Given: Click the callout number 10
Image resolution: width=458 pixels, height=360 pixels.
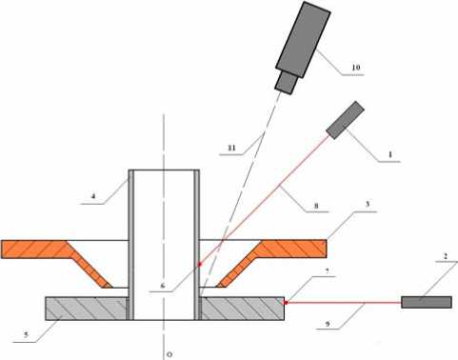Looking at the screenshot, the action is [356, 68].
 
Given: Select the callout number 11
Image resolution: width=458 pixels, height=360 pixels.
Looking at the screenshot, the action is [231, 148].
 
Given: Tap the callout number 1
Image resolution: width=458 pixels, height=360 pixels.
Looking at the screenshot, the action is [390, 154].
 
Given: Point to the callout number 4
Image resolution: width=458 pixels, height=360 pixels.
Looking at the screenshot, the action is [93, 196].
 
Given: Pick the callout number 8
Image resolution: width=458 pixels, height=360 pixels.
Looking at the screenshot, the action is [316, 206].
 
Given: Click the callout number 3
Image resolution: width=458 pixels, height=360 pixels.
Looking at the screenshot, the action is [368, 204].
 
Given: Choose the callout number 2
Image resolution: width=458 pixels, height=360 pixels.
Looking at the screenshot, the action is [446, 256].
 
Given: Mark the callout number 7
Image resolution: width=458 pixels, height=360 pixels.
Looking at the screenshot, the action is [328, 271].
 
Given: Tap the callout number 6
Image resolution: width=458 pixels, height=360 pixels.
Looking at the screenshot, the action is [163, 286].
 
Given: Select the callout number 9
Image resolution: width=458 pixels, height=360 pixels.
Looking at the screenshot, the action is [328, 324].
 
